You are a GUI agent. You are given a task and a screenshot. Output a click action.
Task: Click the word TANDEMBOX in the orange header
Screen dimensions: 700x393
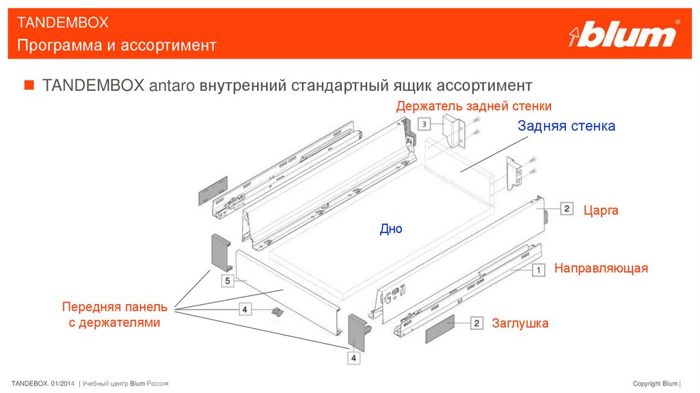tap(63, 23)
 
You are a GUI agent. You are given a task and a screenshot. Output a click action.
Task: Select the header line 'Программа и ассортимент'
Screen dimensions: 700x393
tap(117, 45)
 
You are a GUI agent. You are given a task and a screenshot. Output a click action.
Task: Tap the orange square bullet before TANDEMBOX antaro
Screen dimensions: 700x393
tap(29, 85)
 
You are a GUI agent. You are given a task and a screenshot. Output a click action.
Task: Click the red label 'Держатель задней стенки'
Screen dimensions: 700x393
tap(474, 106)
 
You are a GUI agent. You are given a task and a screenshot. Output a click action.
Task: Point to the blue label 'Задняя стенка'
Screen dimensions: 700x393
tap(566, 126)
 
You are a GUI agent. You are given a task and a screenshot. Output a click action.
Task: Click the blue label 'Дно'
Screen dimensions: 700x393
tap(391, 229)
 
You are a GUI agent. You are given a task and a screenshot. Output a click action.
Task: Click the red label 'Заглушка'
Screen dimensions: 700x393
tap(520, 323)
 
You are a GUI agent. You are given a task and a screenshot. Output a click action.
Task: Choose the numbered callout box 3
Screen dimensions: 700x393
tap(424, 124)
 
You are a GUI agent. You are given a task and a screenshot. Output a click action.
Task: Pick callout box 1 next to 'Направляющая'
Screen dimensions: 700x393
tap(539, 270)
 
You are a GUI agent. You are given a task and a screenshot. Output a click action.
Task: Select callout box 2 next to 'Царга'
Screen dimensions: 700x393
tap(567, 208)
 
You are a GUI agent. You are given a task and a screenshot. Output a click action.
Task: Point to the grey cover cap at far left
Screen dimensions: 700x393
tap(212, 189)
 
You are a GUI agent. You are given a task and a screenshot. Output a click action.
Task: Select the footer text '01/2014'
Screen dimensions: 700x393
tap(64, 383)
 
